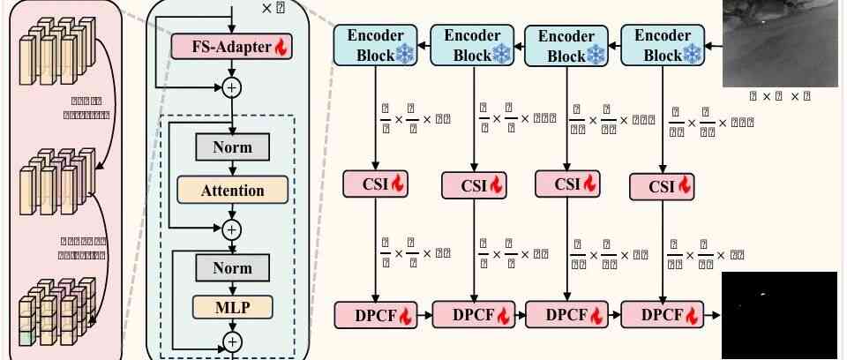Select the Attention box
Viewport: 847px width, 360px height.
pos(232,190)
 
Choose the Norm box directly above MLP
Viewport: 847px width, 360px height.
pos(232,267)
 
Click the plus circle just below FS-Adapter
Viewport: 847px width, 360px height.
pos(232,86)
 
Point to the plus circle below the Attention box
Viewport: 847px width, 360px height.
pos(232,229)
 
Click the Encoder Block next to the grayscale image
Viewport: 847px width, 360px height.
pos(662,45)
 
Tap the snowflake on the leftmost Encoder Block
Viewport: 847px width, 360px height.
pos(407,55)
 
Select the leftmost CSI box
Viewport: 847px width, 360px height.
pos(376,184)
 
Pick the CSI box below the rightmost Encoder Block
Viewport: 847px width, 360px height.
pos(662,186)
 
